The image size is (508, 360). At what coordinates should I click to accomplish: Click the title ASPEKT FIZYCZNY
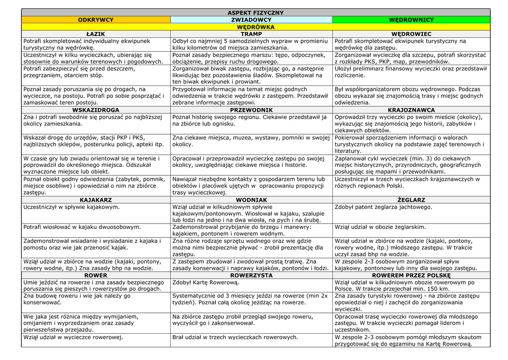click(x=255, y=12)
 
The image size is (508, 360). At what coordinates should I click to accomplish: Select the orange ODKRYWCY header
click(x=96, y=20)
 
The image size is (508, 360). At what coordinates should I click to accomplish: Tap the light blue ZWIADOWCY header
click(x=251, y=20)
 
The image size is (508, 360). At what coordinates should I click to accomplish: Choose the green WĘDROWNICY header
click(x=411, y=20)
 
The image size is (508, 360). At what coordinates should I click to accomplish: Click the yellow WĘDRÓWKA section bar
click(x=255, y=27)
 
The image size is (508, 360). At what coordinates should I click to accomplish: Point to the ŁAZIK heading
click(x=96, y=34)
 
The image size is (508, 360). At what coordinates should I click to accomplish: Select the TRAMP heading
click(x=251, y=34)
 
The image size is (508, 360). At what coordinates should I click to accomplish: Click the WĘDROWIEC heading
click(x=411, y=34)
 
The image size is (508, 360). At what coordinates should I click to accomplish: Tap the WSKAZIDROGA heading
click(x=96, y=110)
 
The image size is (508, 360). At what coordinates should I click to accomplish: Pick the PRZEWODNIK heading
click(x=251, y=110)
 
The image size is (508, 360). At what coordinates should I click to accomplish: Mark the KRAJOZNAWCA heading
click(x=411, y=110)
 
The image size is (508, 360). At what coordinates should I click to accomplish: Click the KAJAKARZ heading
click(x=96, y=200)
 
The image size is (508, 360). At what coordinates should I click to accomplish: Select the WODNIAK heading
click(x=251, y=200)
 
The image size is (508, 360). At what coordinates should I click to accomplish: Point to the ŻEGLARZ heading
click(x=411, y=200)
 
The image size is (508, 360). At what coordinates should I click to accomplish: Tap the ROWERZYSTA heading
click(x=251, y=275)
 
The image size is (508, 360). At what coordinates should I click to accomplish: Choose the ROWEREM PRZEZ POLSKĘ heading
click(x=411, y=275)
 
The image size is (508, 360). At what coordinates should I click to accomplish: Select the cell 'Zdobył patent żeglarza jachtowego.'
click(x=383, y=207)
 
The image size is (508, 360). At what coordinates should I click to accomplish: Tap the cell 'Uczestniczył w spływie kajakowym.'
click(x=71, y=207)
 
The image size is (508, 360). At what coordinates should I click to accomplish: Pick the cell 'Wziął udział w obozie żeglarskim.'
click(x=381, y=226)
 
